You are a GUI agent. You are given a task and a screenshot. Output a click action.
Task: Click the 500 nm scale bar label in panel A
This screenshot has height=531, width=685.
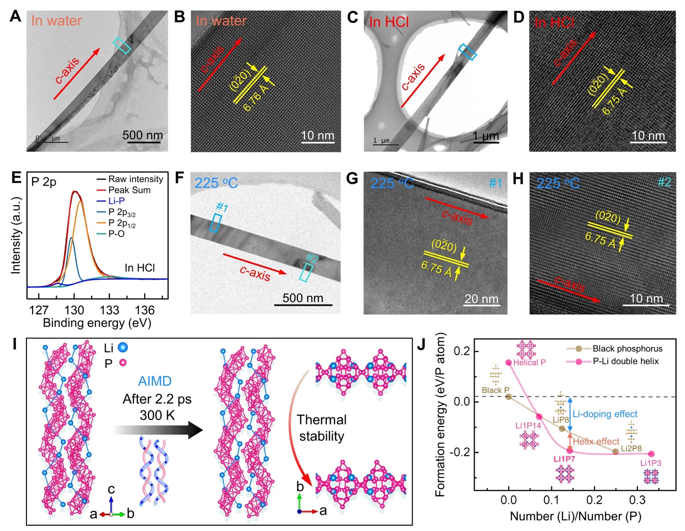[x=142, y=135]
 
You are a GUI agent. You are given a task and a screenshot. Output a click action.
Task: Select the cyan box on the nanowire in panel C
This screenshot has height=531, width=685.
[x=467, y=52]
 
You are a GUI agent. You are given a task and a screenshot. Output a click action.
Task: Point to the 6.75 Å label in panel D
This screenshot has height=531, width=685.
[x=615, y=101]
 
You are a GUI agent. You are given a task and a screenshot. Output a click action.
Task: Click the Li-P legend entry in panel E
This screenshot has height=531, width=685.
[x=116, y=201]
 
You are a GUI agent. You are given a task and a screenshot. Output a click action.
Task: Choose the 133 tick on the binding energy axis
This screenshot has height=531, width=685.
[x=110, y=310]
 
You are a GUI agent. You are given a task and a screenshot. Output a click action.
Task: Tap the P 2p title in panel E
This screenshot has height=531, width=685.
[x=44, y=182]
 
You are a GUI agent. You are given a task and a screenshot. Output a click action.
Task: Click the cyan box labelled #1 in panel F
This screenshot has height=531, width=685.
[x=216, y=223]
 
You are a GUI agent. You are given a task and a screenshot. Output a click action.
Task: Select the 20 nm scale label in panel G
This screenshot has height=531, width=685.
[x=481, y=299]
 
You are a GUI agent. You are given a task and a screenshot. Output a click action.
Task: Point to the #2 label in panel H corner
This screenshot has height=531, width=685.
[x=664, y=182]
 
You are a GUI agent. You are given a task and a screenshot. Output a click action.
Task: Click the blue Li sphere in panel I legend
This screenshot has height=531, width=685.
[x=123, y=347]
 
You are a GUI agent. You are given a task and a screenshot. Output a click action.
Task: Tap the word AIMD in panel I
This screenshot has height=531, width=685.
[x=154, y=381]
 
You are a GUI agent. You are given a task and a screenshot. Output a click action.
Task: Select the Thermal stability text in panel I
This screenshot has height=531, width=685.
[x=321, y=428]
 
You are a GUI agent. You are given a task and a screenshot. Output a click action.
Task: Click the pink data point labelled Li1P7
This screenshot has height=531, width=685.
[x=569, y=450]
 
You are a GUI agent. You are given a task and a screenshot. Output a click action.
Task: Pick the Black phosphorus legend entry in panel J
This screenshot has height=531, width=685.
[x=627, y=349]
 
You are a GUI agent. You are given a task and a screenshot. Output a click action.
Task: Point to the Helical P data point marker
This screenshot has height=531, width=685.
[x=509, y=363]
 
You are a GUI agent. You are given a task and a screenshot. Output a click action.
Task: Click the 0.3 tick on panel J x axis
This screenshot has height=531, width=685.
[x=638, y=500]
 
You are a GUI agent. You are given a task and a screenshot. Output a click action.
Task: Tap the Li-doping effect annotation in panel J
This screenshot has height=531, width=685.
[x=605, y=414]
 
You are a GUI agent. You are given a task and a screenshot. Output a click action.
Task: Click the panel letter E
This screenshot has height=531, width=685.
[x=16, y=178]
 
